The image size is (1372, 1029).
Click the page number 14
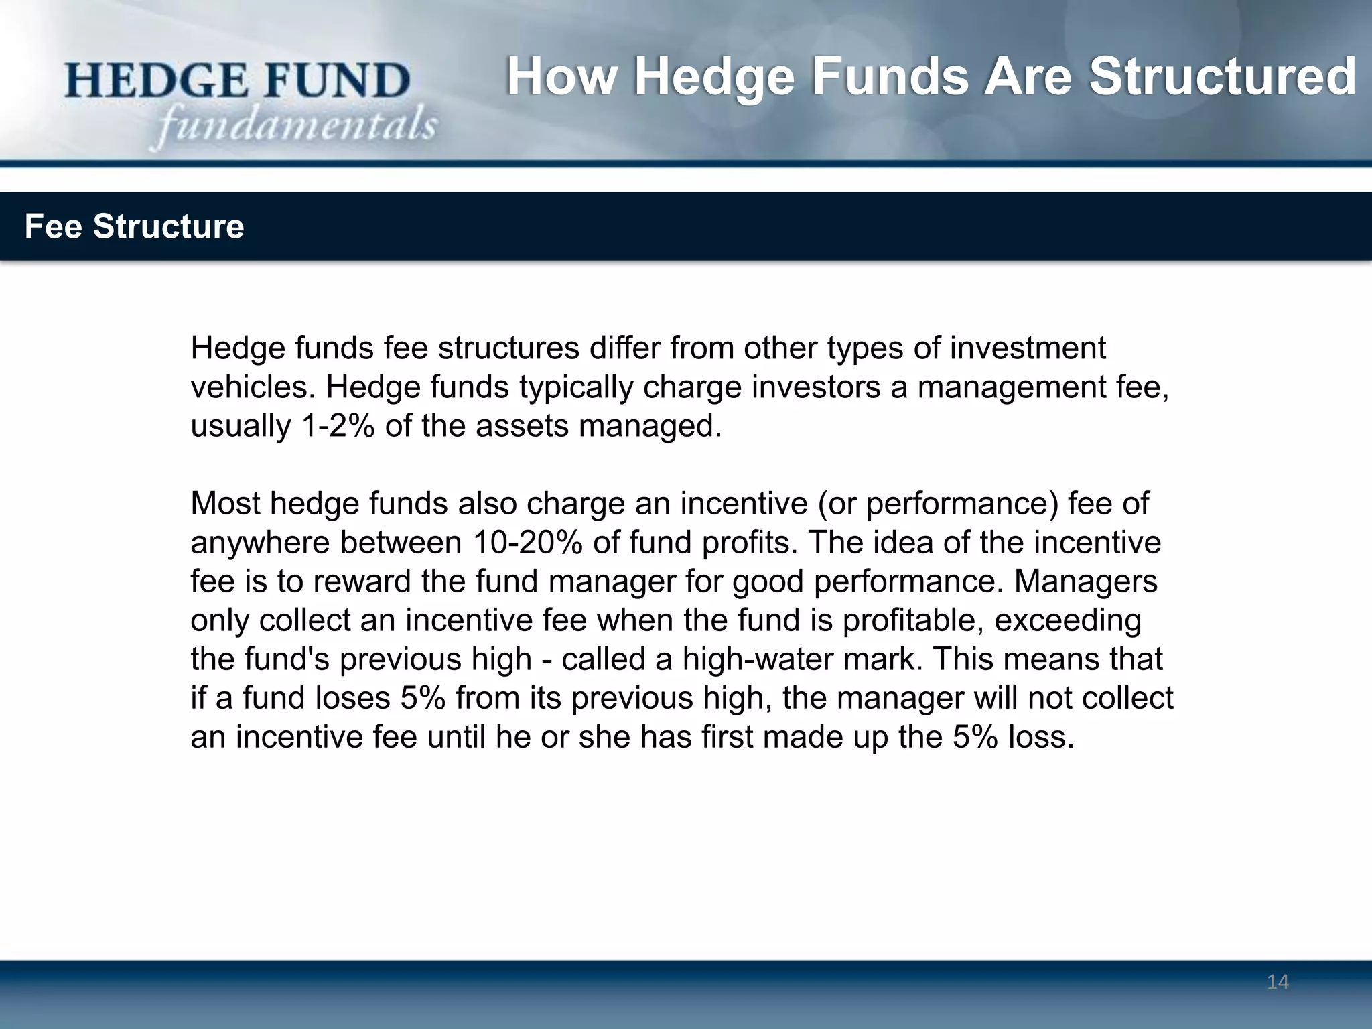tap(1278, 982)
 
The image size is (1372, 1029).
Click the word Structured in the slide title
tap(1222, 77)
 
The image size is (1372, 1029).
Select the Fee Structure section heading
tap(134, 226)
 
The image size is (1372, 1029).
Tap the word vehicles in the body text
tap(253, 387)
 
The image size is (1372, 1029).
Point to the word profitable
tap(912, 620)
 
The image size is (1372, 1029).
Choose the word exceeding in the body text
tap(1068, 620)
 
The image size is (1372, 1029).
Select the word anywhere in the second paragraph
tap(260, 543)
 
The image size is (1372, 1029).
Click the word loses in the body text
tap(352, 698)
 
